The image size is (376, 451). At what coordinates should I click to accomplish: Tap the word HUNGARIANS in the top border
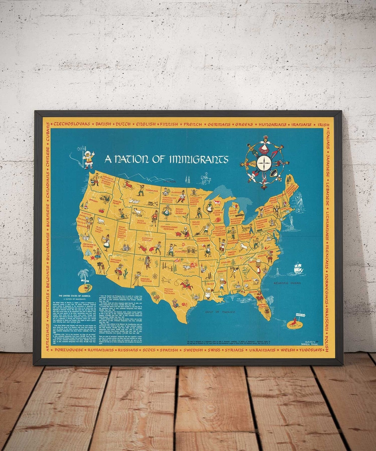pyautogui.click(x=272, y=124)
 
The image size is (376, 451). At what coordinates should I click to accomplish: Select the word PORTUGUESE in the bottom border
pyautogui.click(x=69, y=350)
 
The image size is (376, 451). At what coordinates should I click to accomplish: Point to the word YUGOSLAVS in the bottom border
pyautogui.click(x=311, y=350)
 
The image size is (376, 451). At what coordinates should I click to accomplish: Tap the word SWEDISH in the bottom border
pyautogui.click(x=193, y=350)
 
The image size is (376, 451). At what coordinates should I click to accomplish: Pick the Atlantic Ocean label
pyautogui.click(x=287, y=283)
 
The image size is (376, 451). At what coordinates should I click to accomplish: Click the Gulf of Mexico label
pyautogui.click(x=220, y=312)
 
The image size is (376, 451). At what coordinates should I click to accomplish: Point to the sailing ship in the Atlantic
pyautogui.click(x=298, y=268)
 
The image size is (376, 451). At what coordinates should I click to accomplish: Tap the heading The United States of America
pyautogui.click(x=74, y=295)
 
